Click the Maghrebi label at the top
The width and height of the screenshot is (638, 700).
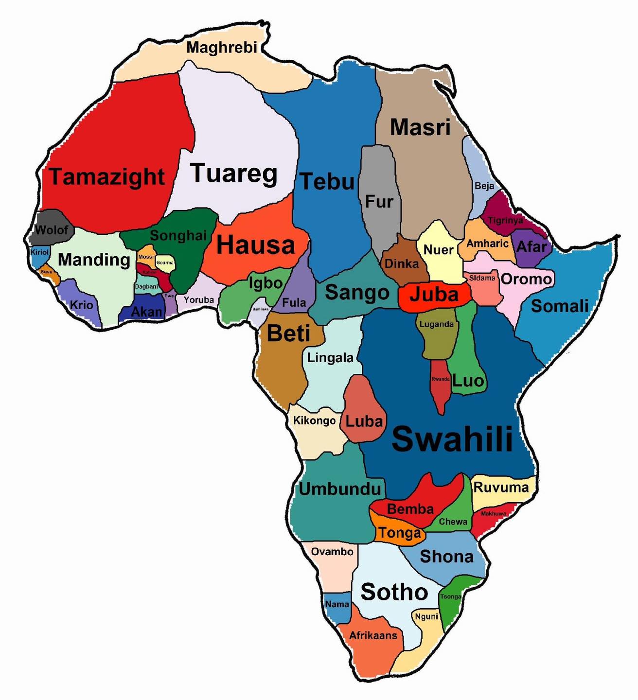pyautogui.click(x=221, y=48)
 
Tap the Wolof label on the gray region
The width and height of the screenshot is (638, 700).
pyautogui.click(x=51, y=230)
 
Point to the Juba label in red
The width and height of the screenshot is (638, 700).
pyautogui.click(x=434, y=295)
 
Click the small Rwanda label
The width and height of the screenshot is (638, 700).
pyautogui.click(x=440, y=379)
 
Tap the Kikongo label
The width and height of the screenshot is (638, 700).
pyautogui.click(x=314, y=420)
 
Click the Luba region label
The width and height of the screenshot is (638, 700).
pyautogui.click(x=364, y=421)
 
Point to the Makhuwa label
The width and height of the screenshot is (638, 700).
pyautogui.click(x=494, y=513)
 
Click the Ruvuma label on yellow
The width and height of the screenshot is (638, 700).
pyautogui.click(x=501, y=488)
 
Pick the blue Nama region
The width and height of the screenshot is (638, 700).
pyautogui.click(x=337, y=604)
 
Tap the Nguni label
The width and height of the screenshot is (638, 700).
pyautogui.click(x=426, y=616)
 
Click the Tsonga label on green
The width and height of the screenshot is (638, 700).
pyautogui.click(x=451, y=596)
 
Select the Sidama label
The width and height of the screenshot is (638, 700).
pyautogui.click(x=482, y=278)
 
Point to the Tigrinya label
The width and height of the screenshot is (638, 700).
pyautogui.click(x=505, y=220)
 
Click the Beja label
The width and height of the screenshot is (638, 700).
pyautogui.click(x=484, y=186)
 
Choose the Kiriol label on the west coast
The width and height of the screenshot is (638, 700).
pyautogui.click(x=39, y=252)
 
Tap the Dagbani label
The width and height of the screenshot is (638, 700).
pyautogui.click(x=146, y=286)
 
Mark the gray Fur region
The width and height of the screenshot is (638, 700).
pyautogui.click(x=379, y=194)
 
